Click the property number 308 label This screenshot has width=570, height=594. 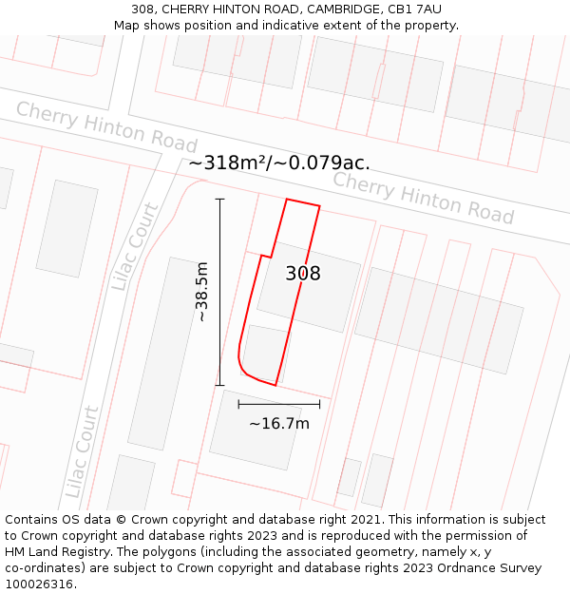303,274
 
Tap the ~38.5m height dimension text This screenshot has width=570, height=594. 201,293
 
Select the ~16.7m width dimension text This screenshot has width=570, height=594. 278,424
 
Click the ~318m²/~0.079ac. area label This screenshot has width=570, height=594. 279,163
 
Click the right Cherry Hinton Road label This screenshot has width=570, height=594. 423,198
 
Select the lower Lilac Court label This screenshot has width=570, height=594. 82,451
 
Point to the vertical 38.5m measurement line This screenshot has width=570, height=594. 219,293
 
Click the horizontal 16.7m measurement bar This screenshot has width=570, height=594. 278,404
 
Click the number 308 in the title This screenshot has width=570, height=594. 144,10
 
